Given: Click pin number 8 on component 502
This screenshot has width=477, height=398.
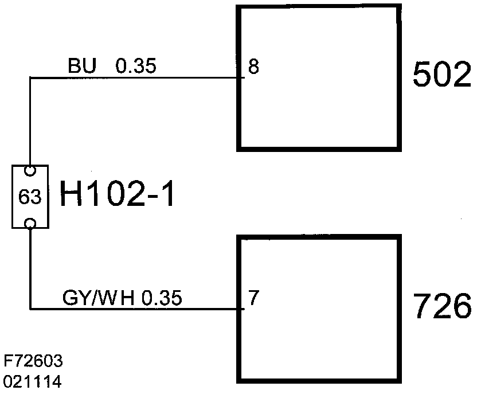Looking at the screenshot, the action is [253, 67].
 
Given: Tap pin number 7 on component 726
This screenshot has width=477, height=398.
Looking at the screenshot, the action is [253, 298].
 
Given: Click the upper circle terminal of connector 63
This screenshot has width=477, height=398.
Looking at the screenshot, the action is [30, 171].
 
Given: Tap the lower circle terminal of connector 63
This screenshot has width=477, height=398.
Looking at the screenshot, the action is [30, 223].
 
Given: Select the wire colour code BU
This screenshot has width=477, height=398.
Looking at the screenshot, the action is [81, 67].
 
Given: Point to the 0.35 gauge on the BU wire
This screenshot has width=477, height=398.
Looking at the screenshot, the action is [135, 67].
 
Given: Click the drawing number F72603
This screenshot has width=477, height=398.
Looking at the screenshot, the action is [33, 362].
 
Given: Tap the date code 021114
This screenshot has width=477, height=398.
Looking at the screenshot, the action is [33, 380].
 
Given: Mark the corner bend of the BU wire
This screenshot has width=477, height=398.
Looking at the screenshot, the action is [30, 77].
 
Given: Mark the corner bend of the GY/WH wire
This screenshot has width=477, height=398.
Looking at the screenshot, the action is [30, 310].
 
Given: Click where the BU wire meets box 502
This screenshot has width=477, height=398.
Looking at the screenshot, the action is [239, 77].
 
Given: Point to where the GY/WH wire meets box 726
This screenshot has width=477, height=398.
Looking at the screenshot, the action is [239, 310].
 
